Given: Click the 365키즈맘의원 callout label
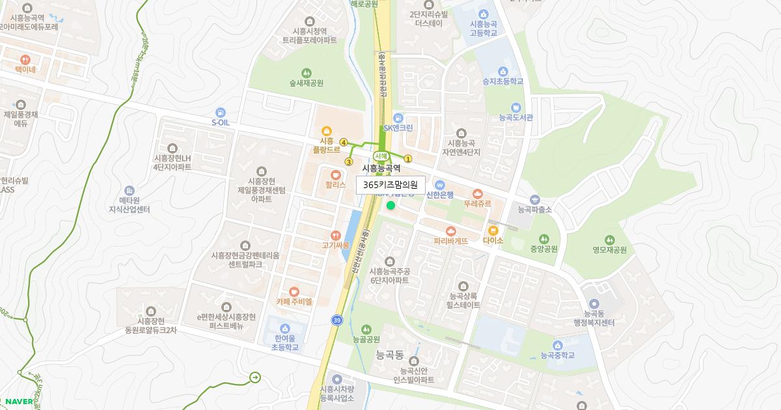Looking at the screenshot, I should pos(390,185).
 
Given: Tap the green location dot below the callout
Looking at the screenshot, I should pos(390,206).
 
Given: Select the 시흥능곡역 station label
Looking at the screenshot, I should pos(381,168).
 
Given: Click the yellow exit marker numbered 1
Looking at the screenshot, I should pos(408,158).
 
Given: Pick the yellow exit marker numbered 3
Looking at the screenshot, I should pos(349,162).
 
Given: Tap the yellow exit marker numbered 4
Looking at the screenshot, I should pos(343,142).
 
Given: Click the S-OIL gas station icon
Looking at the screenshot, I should pos(221,112).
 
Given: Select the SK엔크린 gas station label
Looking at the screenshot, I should pos(398,128).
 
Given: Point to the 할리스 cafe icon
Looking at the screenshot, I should pos(335,174).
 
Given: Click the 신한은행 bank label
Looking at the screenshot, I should pos(439,193).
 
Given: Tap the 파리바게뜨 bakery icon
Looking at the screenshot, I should pos(451,231).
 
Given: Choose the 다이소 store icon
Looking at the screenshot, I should pos(493,230).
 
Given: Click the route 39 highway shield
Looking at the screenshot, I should pos(336,320).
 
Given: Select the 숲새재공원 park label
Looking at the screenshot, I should pos(307,83).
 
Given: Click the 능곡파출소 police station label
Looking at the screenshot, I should pos(534,210).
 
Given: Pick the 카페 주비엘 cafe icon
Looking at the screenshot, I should pos(294,292).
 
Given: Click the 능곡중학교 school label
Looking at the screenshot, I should pos(558,356).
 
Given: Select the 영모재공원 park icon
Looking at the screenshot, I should pos(609,239).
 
